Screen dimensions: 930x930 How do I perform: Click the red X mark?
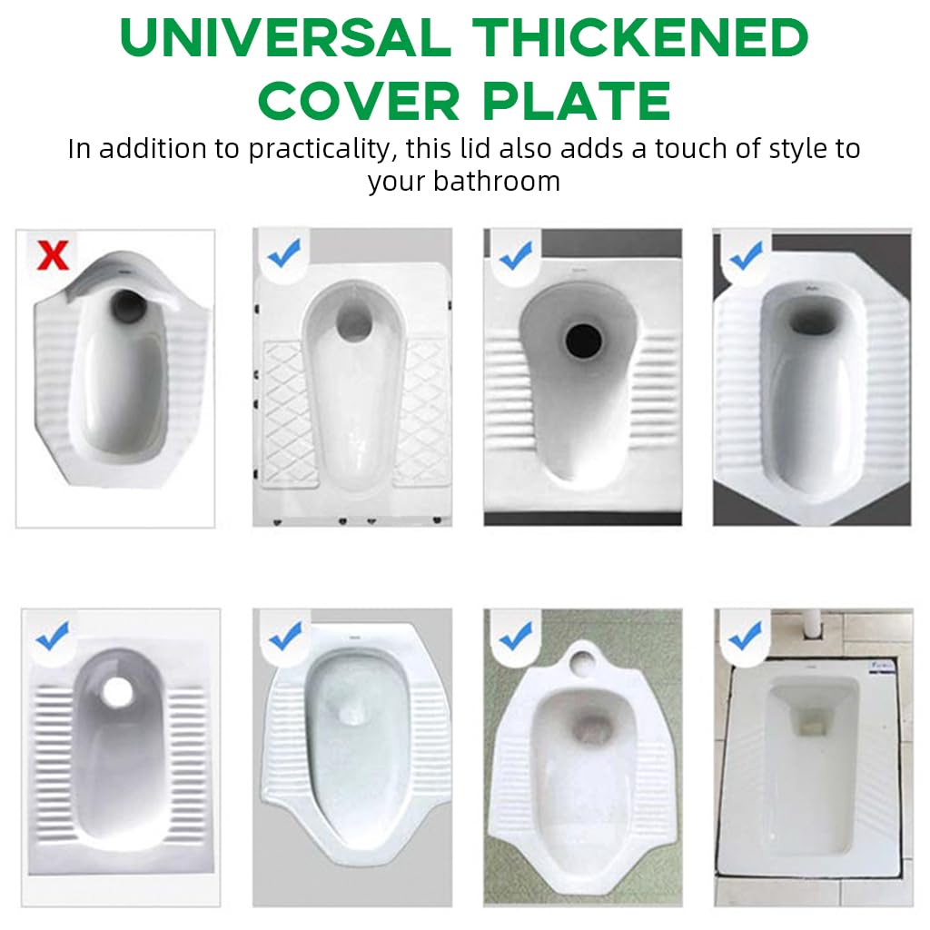(x=53, y=255)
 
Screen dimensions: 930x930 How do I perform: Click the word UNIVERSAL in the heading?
(x=285, y=37)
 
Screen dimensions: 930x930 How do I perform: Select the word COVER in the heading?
(x=359, y=101)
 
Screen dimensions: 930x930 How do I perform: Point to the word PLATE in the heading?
(x=576, y=101)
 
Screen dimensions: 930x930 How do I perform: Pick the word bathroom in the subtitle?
(x=497, y=181)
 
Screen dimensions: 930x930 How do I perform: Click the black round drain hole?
(x=583, y=341)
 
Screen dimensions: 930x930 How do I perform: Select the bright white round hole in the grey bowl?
(x=117, y=691)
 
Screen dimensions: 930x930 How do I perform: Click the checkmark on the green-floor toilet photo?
(x=516, y=635)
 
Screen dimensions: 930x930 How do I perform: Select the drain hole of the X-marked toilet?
(x=128, y=305)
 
